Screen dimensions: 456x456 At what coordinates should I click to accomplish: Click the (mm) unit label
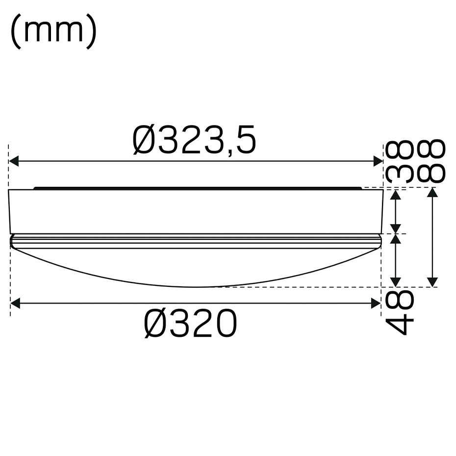coord(53,32)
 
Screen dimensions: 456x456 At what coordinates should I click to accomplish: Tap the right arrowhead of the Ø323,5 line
coord(378,161)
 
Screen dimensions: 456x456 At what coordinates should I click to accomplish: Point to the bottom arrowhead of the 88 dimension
coord(432,281)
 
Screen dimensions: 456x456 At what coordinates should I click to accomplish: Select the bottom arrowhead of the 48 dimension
coord(396,281)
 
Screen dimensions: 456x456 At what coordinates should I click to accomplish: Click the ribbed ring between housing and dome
coord(196,241)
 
